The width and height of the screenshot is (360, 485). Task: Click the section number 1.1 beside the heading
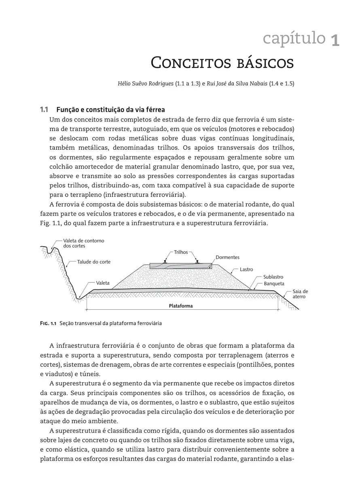(44, 110)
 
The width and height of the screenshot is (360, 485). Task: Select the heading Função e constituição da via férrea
(110, 110)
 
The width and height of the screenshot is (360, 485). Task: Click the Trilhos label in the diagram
(181, 252)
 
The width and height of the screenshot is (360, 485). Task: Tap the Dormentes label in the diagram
(227, 257)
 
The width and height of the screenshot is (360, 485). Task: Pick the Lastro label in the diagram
(246, 269)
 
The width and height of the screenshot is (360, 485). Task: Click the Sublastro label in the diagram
(273, 277)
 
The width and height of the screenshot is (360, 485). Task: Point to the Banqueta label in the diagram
(274, 283)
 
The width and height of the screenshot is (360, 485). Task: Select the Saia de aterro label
(300, 294)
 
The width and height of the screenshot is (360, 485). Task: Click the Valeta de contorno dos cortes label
(83, 243)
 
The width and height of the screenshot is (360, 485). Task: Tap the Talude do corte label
(94, 262)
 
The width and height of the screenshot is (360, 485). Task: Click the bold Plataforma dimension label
(181, 306)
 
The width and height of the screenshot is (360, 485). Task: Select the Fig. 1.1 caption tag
(48, 323)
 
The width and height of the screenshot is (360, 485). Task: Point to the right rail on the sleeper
(197, 262)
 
